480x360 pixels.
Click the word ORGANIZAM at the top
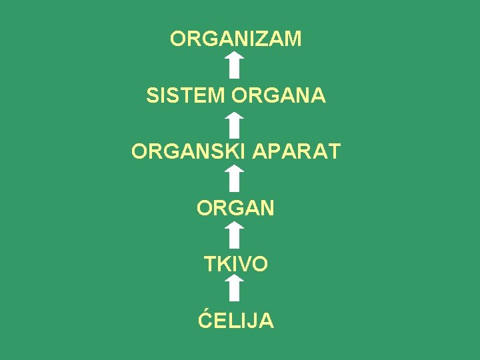tap(235, 39)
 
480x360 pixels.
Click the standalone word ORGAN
tap(235, 209)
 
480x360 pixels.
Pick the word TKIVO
tap(236, 265)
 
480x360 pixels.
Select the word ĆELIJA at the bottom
tap(236, 321)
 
